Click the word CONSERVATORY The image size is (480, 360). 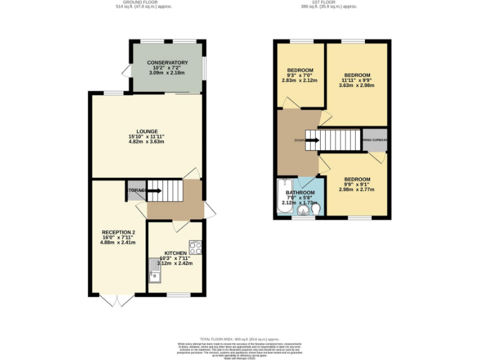point(167,62)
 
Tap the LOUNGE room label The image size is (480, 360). point(147,131)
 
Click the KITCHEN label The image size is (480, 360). point(175,253)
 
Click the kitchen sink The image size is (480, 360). point(154,270)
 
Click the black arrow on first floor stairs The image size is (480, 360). point(312,140)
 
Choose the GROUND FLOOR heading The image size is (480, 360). point(144,2)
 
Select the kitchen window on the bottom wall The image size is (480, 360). point(179,294)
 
